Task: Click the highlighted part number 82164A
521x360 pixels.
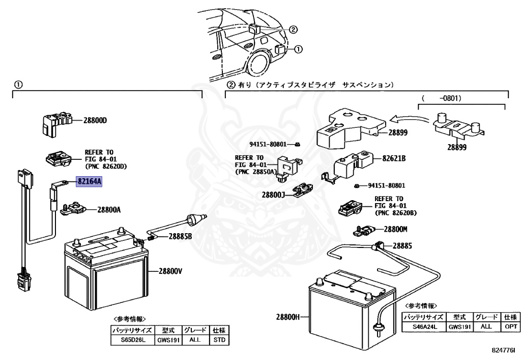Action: pyautogui.click(x=89, y=182)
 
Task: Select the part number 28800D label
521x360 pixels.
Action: pyautogui.click(x=95, y=120)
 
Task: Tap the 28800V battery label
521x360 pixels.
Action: pyautogui.click(x=170, y=271)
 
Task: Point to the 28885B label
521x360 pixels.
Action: pyautogui.click(x=180, y=236)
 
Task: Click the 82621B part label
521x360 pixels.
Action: pyautogui.click(x=394, y=158)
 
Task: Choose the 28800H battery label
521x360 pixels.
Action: pyautogui.click(x=288, y=317)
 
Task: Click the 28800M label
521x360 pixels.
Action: pyautogui.click(x=395, y=229)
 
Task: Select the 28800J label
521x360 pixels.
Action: pyautogui.click(x=273, y=195)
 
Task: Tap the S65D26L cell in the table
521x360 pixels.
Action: pyautogui.click(x=132, y=340)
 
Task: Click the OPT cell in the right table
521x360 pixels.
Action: pyautogui.click(x=510, y=326)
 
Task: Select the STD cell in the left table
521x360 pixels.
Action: pyautogui.click(x=219, y=340)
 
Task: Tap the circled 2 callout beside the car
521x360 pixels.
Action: pyautogui.click(x=293, y=30)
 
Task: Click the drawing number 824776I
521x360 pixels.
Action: pyautogui.click(x=504, y=350)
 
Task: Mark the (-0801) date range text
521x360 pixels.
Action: pyautogui.click(x=442, y=98)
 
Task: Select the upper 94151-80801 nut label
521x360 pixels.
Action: pyautogui.click(x=268, y=144)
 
